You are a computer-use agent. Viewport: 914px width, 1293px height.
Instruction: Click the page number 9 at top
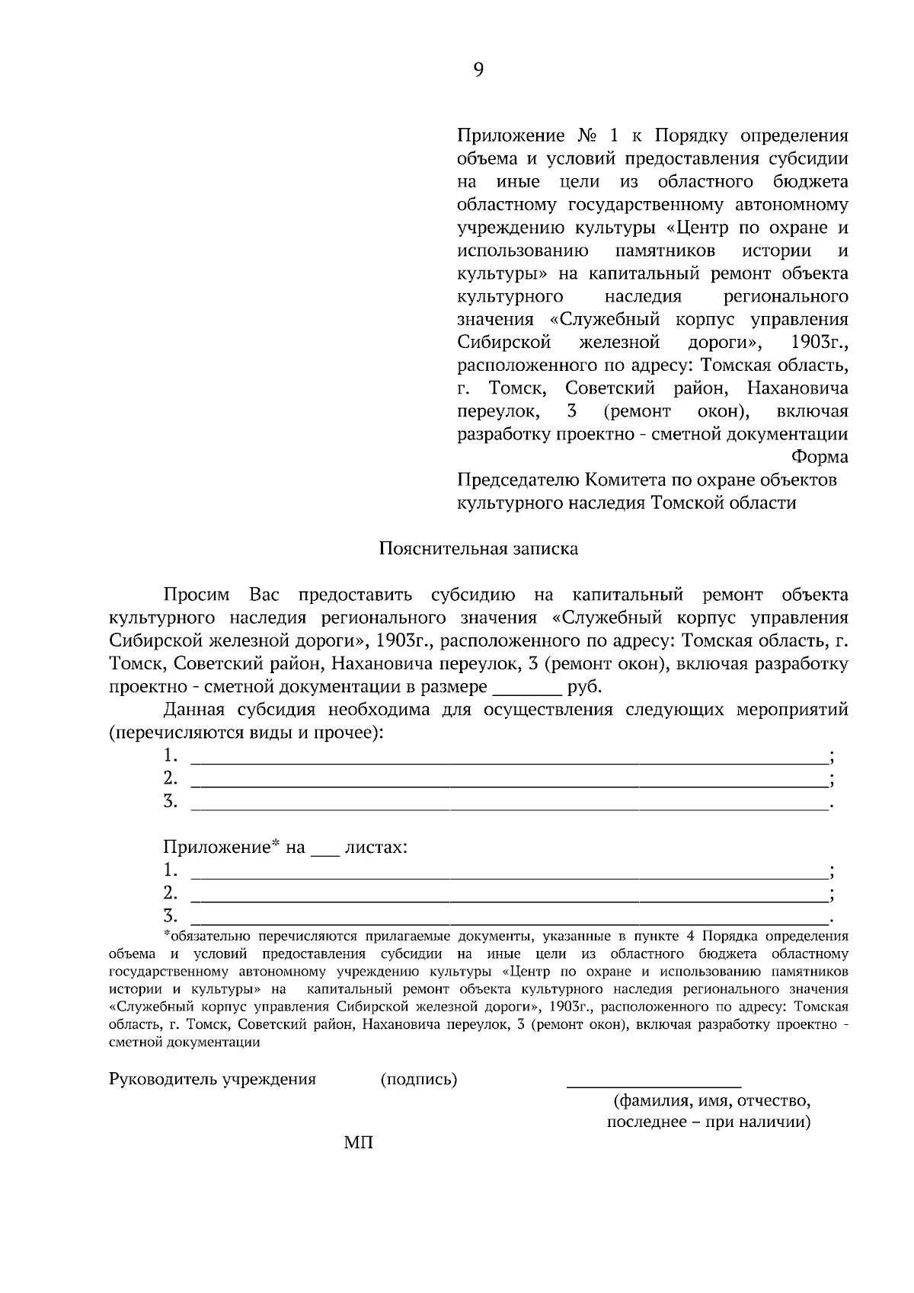pos(478,70)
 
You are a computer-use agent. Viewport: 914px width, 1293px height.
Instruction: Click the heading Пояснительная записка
pos(478,548)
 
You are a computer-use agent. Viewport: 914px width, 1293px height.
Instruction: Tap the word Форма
pos(820,457)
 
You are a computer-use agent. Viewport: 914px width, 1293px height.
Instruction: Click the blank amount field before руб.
pos(527,688)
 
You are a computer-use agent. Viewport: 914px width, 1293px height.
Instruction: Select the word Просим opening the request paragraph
pos(200,595)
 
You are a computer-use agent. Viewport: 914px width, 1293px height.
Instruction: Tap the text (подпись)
pos(418,1079)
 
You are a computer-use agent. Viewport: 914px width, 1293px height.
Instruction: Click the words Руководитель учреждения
pos(213,1079)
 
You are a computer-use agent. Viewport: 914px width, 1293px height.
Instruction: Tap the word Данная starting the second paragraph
pos(194,710)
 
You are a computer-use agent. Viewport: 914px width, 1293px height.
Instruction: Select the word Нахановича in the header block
pos(797,388)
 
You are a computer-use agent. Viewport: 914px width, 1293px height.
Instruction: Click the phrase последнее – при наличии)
pos(708,1122)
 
